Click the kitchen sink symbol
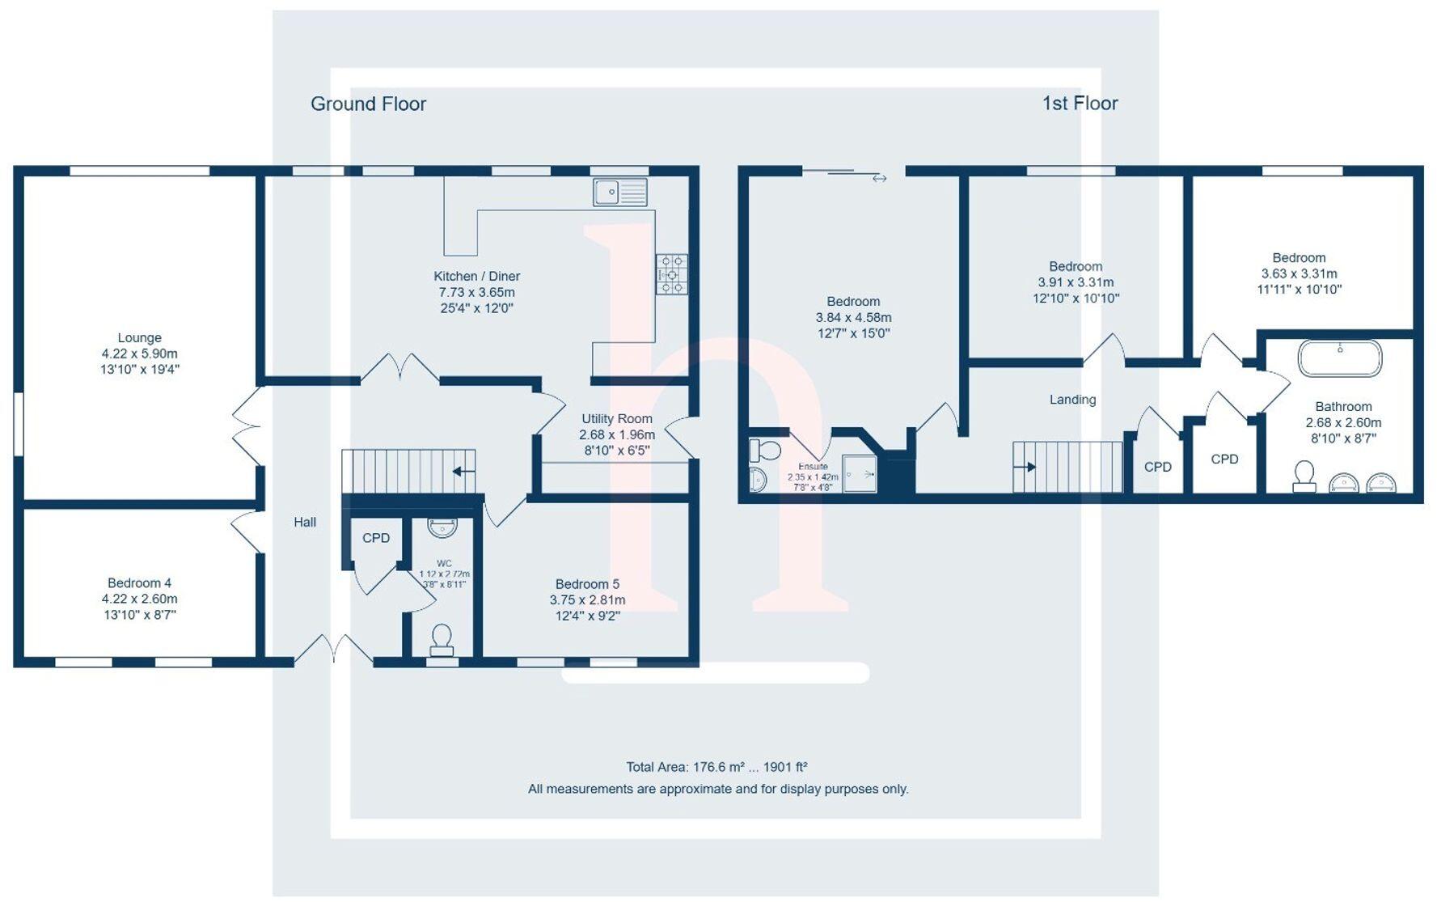pyautogui.click(x=620, y=193)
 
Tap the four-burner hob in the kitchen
pyautogui.click(x=671, y=274)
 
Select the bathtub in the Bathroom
pyautogui.click(x=1339, y=358)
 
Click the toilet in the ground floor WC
pyautogui.click(x=442, y=639)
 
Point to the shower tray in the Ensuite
pyautogui.click(x=859, y=473)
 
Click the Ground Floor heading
pyautogui.click(x=368, y=104)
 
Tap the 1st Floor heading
pyautogui.click(x=1080, y=103)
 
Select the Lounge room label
pyautogui.click(x=139, y=337)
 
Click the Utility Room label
pyautogui.click(x=616, y=418)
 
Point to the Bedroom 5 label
pyautogui.click(x=587, y=584)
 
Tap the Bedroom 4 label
pyautogui.click(x=139, y=582)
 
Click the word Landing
pyautogui.click(x=1072, y=400)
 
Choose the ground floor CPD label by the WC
pyautogui.click(x=375, y=538)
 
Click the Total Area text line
pyautogui.click(x=716, y=767)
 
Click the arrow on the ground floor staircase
pyautogui.click(x=463, y=472)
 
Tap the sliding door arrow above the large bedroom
pyautogui.click(x=879, y=178)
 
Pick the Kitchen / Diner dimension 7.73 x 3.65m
pyautogui.click(x=476, y=292)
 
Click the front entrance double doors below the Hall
pyautogui.click(x=333, y=650)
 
